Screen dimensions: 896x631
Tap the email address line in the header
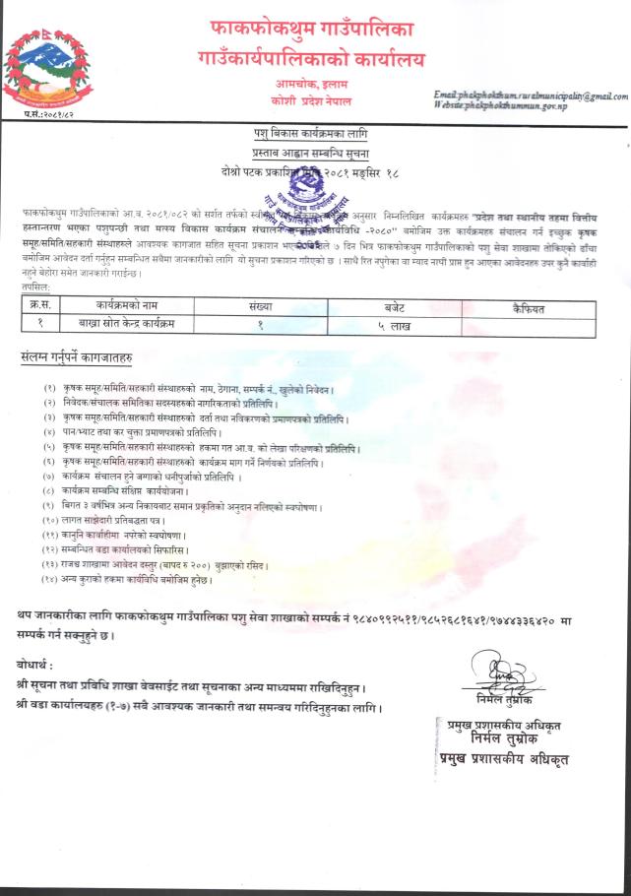530,96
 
